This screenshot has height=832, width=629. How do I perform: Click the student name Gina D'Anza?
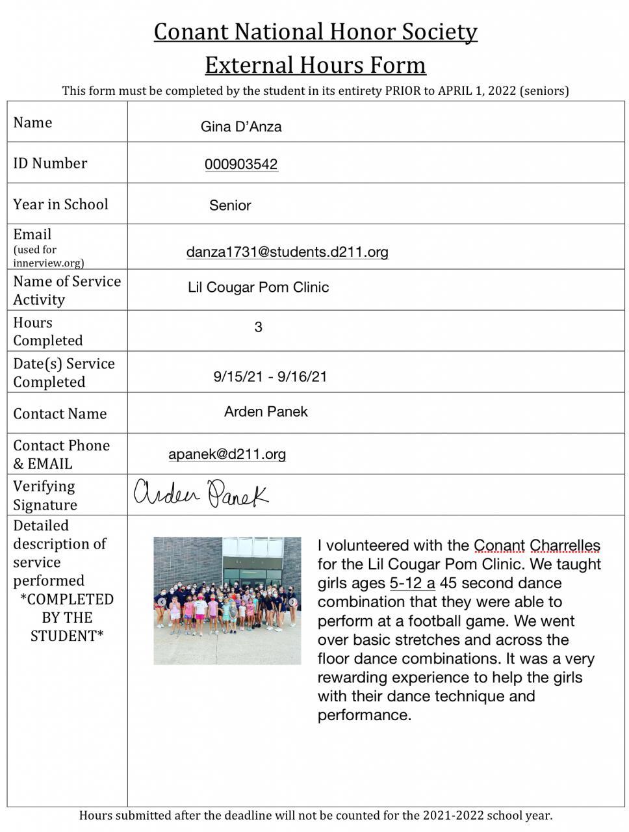click(x=241, y=127)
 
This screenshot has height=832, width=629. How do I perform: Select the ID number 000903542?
click(x=241, y=164)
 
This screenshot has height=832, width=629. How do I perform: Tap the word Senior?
click(x=230, y=205)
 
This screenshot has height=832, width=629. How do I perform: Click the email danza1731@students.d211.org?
click(x=287, y=252)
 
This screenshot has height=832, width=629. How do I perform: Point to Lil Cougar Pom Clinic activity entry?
click(x=258, y=287)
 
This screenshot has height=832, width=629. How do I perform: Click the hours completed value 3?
click(x=258, y=327)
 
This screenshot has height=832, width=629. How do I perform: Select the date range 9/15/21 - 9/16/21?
click(x=270, y=376)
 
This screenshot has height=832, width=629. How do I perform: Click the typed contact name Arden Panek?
click(x=266, y=411)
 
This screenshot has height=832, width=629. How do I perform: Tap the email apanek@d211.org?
click(x=227, y=454)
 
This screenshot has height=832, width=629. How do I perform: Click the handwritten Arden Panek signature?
click(x=201, y=494)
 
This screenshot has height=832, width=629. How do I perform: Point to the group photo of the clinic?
click(x=227, y=600)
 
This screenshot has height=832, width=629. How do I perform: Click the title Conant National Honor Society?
click(x=315, y=32)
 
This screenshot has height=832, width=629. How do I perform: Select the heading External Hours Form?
click(x=315, y=65)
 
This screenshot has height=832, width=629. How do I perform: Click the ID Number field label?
click(x=50, y=163)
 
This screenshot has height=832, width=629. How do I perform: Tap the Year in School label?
click(x=60, y=204)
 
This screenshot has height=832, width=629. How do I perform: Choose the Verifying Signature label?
click(x=45, y=495)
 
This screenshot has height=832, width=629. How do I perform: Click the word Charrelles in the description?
click(x=565, y=546)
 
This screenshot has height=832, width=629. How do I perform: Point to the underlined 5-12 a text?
click(x=412, y=583)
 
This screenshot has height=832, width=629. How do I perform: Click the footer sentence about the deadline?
click(x=315, y=815)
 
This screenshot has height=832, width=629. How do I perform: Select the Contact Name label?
click(x=60, y=413)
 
